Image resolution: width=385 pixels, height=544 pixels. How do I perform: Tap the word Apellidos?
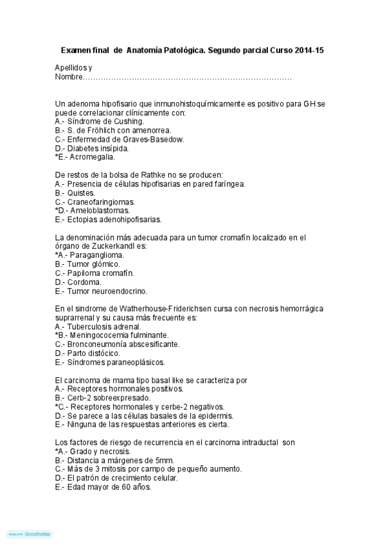pos(71,68)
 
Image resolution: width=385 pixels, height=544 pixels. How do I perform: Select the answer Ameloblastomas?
pos(95,210)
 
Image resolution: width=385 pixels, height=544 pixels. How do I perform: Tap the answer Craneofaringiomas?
pos(95,201)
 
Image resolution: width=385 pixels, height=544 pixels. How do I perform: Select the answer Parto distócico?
pos(87,353)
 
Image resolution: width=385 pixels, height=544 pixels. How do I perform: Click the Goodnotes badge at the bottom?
pos(29,534)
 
